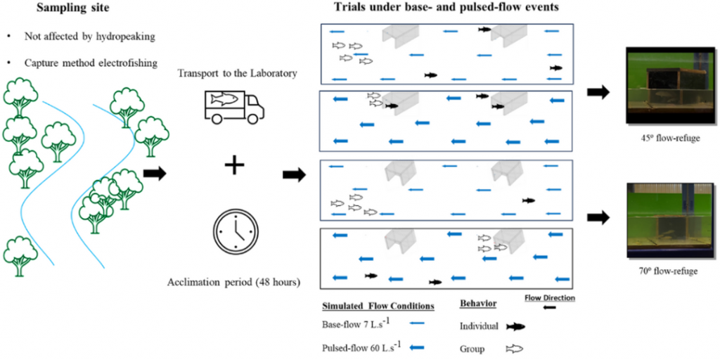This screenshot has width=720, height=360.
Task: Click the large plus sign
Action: pyautogui.click(x=234, y=165)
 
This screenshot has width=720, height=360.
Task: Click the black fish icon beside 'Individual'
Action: pyautogui.click(x=515, y=327)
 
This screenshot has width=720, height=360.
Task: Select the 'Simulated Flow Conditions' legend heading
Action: pyautogui.click(x=378, y=306)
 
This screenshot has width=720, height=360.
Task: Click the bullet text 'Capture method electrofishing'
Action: pyautogui.click(x=91, y=63)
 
